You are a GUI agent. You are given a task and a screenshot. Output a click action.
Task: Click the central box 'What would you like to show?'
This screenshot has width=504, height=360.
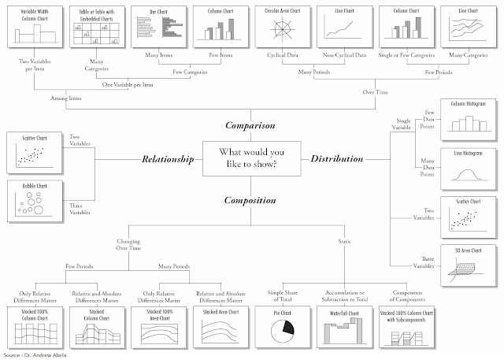252,158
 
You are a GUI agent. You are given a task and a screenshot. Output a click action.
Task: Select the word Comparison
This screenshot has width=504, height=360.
251,124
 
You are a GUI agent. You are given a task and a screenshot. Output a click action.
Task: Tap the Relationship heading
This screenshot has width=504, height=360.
168,158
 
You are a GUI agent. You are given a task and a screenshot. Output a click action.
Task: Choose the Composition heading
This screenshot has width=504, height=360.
251,200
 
